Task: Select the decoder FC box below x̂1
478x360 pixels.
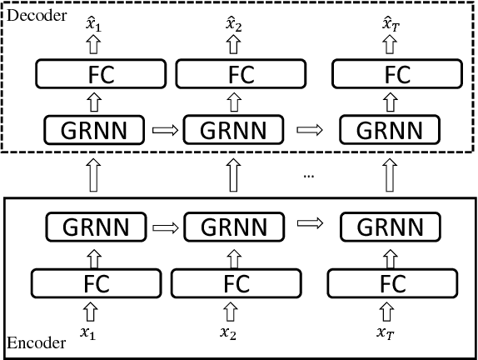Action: (94, 75)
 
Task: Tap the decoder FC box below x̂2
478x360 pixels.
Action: (235, 75)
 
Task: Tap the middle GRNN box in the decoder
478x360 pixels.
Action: (235, 129)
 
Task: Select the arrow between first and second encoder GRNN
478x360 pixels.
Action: (163, 226)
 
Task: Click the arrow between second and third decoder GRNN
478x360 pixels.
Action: (311, 129)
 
